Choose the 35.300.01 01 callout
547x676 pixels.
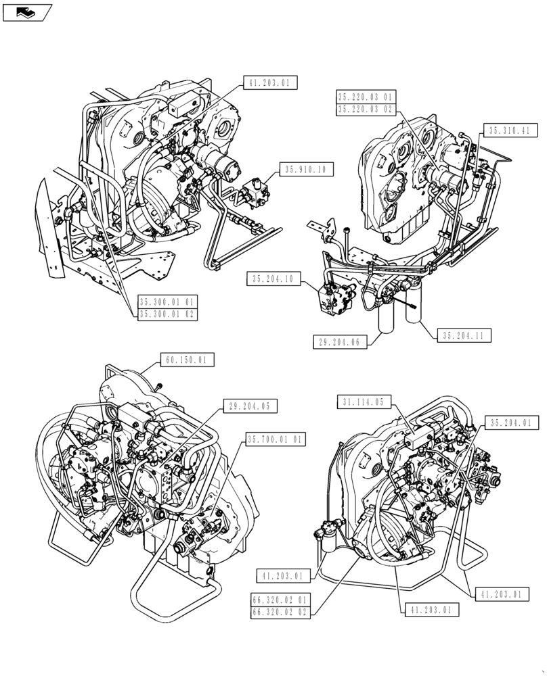coord(167,302)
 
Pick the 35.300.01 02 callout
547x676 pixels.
coord(167,314)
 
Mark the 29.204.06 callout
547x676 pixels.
coord(340,343)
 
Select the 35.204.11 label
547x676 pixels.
coord(466,335)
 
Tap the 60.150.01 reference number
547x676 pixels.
coord(188,360)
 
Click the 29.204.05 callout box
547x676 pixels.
coord(250,406)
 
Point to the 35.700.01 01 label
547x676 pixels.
coord(276,439)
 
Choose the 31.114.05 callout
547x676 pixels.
coord(364,403)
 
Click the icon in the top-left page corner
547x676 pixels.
coord(27,11)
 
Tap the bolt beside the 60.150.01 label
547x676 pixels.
coord(158,385)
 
